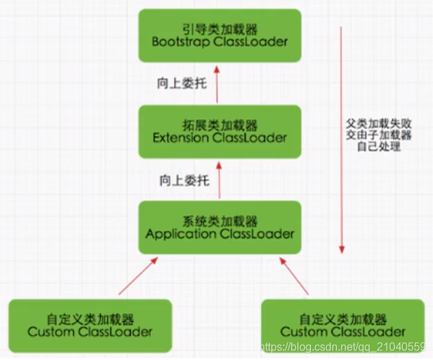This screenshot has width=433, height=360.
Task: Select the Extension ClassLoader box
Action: click(220, 132)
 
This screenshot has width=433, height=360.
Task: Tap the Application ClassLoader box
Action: click(220, 228)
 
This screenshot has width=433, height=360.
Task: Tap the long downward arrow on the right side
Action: click(341, 137)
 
